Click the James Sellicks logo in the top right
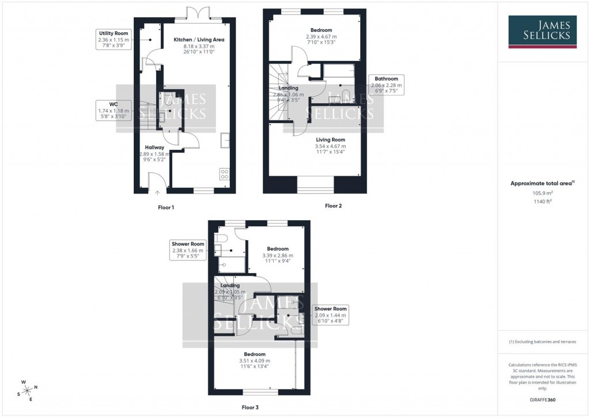(542, 32)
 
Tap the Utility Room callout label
(113, 39)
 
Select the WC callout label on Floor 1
(114, 110)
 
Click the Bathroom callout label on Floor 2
(386, 85)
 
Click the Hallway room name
(154, 148)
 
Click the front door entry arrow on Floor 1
(157, 193)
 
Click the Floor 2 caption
(333, 206)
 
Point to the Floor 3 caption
(249, 407)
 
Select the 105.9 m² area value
(542, 194)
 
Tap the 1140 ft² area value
(542, 202)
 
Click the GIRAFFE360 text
(542, 399)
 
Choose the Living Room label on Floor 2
(313, 139)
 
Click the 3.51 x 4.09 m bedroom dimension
(254, 361)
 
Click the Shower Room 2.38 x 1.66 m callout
(188, 251)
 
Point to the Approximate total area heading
(541, 183)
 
